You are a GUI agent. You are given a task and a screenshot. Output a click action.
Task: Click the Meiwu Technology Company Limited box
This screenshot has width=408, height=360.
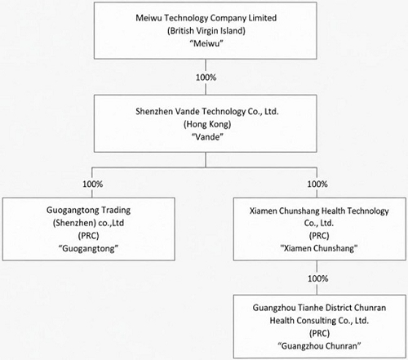206,30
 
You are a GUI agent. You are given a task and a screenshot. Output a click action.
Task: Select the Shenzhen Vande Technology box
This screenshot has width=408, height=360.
206,123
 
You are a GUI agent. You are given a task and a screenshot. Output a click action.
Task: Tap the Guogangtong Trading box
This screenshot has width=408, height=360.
89,229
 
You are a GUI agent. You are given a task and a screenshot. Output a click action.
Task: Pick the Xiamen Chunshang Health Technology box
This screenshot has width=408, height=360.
320,229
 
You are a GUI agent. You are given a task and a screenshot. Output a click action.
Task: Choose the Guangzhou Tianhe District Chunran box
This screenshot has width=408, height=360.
320,327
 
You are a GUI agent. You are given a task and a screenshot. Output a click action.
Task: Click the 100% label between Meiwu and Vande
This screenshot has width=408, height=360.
206,78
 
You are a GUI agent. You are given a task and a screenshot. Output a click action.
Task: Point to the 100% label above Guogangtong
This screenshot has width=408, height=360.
93,184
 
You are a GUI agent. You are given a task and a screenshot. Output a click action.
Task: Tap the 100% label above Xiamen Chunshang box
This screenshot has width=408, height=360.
317,184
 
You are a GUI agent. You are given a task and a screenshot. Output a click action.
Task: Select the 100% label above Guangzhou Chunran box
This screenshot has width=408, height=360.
318,278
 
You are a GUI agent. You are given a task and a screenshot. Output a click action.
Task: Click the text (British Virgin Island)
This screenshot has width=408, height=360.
206,31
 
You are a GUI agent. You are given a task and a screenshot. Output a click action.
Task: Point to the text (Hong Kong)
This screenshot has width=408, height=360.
207,124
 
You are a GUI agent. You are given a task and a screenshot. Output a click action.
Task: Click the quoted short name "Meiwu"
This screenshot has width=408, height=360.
206,43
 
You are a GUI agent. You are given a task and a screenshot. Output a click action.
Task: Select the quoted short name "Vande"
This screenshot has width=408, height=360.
207,137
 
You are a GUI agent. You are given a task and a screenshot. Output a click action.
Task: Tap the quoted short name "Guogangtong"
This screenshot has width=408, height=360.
89,248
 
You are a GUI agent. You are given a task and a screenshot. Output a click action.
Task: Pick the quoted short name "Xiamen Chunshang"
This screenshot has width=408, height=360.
319,248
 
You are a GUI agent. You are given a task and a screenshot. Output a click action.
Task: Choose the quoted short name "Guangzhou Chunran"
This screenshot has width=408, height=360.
319,346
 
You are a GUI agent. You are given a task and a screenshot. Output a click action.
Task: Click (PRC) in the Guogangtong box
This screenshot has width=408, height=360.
88,236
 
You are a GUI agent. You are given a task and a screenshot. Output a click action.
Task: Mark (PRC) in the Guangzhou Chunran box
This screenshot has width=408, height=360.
319,333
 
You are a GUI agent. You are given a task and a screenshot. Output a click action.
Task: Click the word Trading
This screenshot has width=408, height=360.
116,211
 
